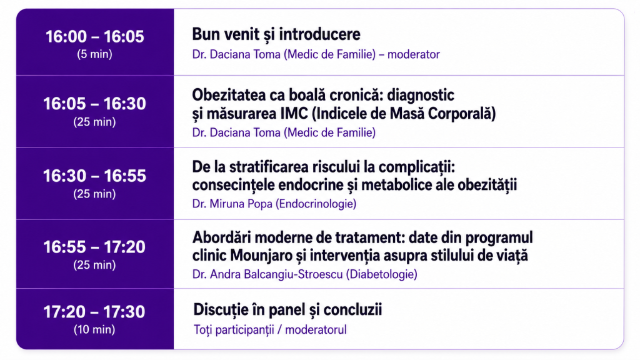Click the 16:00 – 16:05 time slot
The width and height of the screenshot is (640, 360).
point(95,37)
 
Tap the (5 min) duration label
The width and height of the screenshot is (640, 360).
point(95,54)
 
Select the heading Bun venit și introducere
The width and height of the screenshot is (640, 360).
point(276,34)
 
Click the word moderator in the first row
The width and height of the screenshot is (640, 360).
point(414,54)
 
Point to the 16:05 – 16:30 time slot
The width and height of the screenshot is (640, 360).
point(95,104)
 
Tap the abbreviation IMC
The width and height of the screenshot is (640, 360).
point(294,114)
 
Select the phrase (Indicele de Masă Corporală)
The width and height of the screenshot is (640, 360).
point(404,114)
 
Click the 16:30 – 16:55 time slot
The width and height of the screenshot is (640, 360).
point(95,176)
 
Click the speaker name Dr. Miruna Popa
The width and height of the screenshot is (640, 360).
point(232,204)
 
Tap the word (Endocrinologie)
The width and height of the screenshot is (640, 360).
point(316,204)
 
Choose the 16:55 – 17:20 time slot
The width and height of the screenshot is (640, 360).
point(95,247)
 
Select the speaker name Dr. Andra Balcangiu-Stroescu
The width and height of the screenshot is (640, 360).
point(267,274)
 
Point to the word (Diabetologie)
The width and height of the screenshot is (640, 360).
point(382,274)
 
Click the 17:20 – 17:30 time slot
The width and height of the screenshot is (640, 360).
point(94,312)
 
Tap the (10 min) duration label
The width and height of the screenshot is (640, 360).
point(94,329)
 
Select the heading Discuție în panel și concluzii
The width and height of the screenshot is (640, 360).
point(287,310)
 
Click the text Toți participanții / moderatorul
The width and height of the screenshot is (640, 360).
point(270,330)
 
